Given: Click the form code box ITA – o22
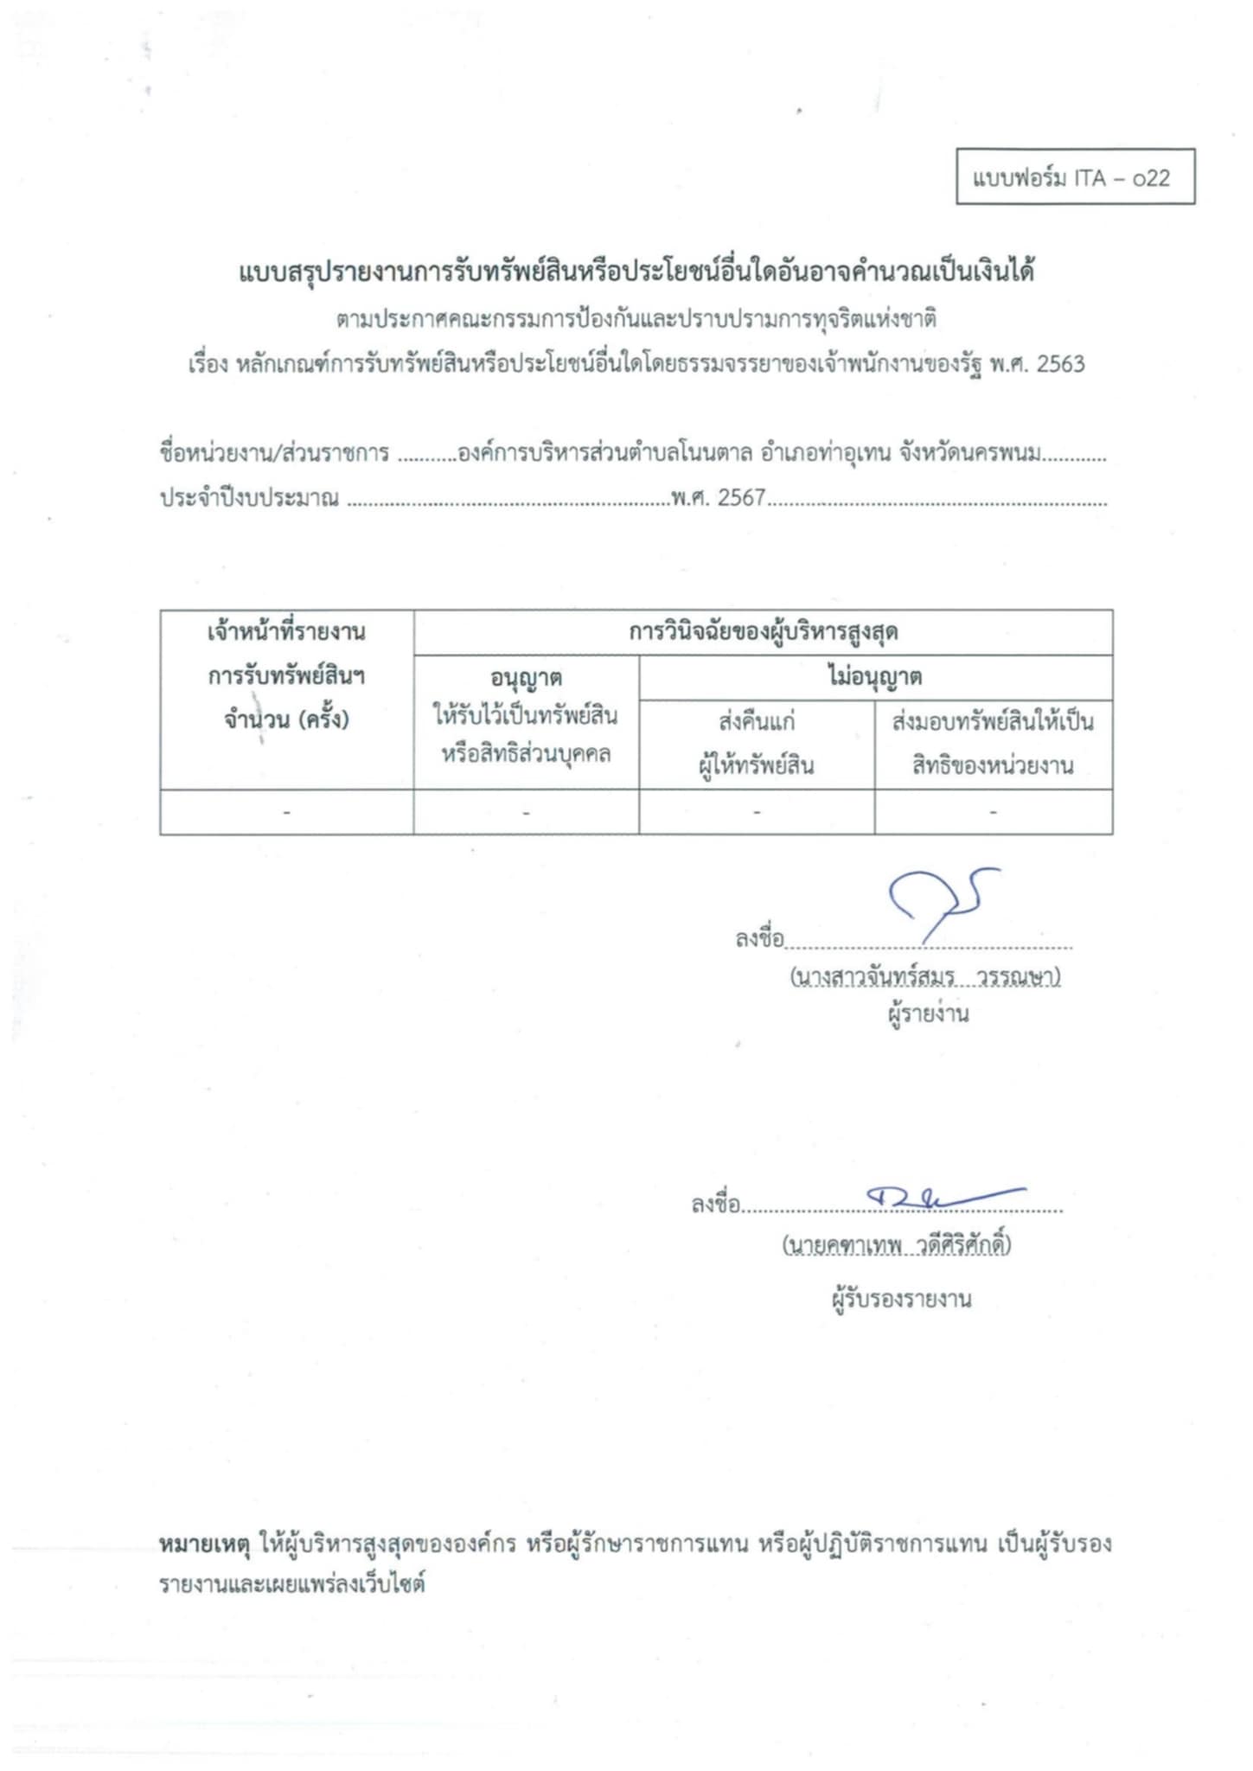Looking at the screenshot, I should pyautogui.click(x=1075, y=177).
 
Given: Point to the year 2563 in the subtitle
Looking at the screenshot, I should pyautogui.click(x=1060, y=364).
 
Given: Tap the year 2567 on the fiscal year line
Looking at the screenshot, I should pyautogui.click(x=741, y=498).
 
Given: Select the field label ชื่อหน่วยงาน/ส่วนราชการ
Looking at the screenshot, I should pyautogui.click(x=274, y=453).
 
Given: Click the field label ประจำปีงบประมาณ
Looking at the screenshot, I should pyautogui.click(x=249, y=498).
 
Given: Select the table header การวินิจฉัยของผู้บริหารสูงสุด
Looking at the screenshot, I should pyautogui.click(x=763, y=632).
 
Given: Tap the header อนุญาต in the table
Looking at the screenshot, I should pyautogui.click(x=526, y=678).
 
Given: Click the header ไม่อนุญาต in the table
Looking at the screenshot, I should pyautogui.click(x=874, y=677).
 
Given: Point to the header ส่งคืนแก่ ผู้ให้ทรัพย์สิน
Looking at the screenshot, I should pyautogui.click(x=757, y=744).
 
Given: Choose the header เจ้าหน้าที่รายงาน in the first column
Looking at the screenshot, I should pyautogui.click(x=286, y=632).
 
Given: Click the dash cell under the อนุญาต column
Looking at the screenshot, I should pyautogui.click(x=526, y=813).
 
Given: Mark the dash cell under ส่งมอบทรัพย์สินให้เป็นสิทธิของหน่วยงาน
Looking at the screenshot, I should pyautogui.click(x=993, y=813).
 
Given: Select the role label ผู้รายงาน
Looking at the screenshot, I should pyautogui.click(x=928, y=1013).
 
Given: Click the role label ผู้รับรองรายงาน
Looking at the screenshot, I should pyautogui.click(x=901, y=1299).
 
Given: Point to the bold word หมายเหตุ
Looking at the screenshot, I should pyautogui.click(x=204, y=1544).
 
